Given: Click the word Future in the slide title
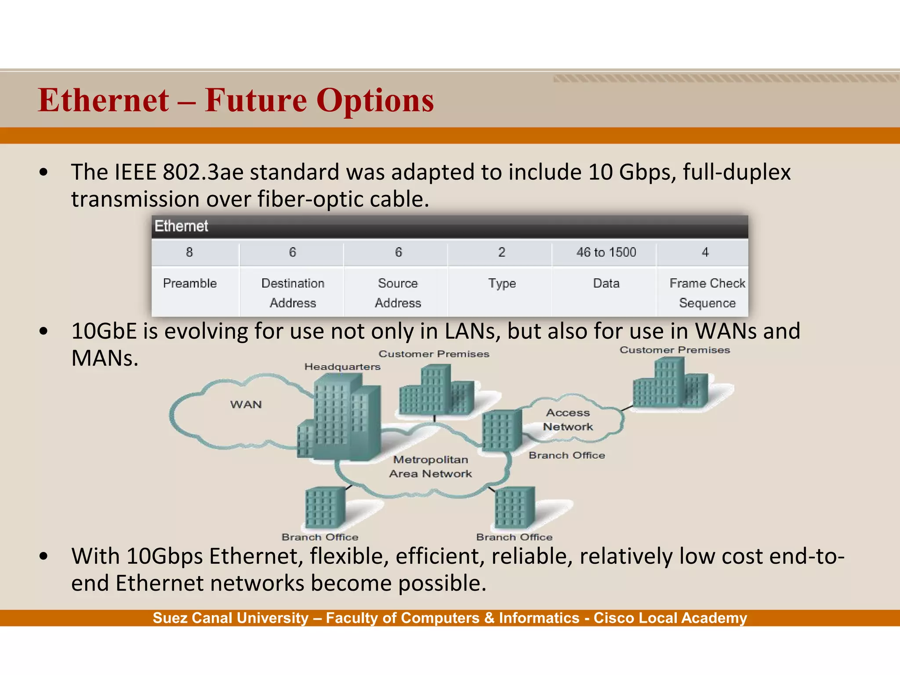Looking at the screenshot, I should point(256,101).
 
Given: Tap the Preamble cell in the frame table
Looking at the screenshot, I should point(190,283).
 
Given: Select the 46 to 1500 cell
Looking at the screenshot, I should point(606,252).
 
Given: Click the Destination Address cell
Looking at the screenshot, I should point(293,293).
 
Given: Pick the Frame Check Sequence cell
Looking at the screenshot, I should point(707,293).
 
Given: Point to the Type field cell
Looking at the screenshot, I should point(501,283).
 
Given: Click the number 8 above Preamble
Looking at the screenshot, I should point(189,252).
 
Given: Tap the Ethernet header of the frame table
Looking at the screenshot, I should point(181,226).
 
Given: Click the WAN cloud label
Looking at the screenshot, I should point(246,404).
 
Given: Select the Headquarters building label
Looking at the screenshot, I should point(342,367).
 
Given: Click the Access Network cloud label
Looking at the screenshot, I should point(568,420).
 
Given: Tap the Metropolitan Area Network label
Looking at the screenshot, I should point(430,466).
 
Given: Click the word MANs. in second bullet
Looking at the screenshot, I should point(105,358).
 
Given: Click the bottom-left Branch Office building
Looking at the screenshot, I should point(325,508).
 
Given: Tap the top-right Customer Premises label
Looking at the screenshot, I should point(675,350).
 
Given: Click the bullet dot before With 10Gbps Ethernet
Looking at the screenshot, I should point(43,556).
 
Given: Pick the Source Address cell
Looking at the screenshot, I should point(398,293).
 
